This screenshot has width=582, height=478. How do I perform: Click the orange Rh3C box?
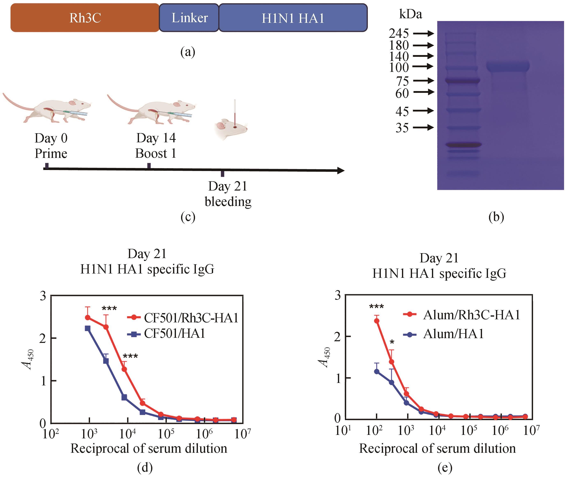85,18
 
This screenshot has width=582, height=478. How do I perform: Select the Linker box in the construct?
189,18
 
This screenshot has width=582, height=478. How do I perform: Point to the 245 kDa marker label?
399,34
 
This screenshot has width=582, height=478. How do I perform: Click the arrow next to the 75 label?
424,81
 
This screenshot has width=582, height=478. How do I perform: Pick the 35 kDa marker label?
402,128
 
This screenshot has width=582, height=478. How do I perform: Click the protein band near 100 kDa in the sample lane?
508,66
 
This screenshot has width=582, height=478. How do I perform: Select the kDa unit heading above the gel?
410,14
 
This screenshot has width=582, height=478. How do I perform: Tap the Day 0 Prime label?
51,146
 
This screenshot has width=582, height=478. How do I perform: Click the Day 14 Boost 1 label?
156,145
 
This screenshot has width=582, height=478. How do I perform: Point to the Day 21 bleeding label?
228,194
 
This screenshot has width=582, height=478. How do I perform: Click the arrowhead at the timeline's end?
341,171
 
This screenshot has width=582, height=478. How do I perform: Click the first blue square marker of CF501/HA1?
87,328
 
